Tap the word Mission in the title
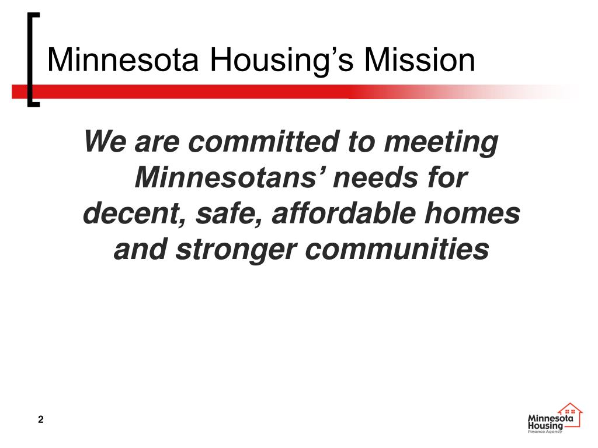point(418,61)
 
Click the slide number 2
point(40,419)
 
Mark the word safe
point(221,214)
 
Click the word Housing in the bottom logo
point(545,426)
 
